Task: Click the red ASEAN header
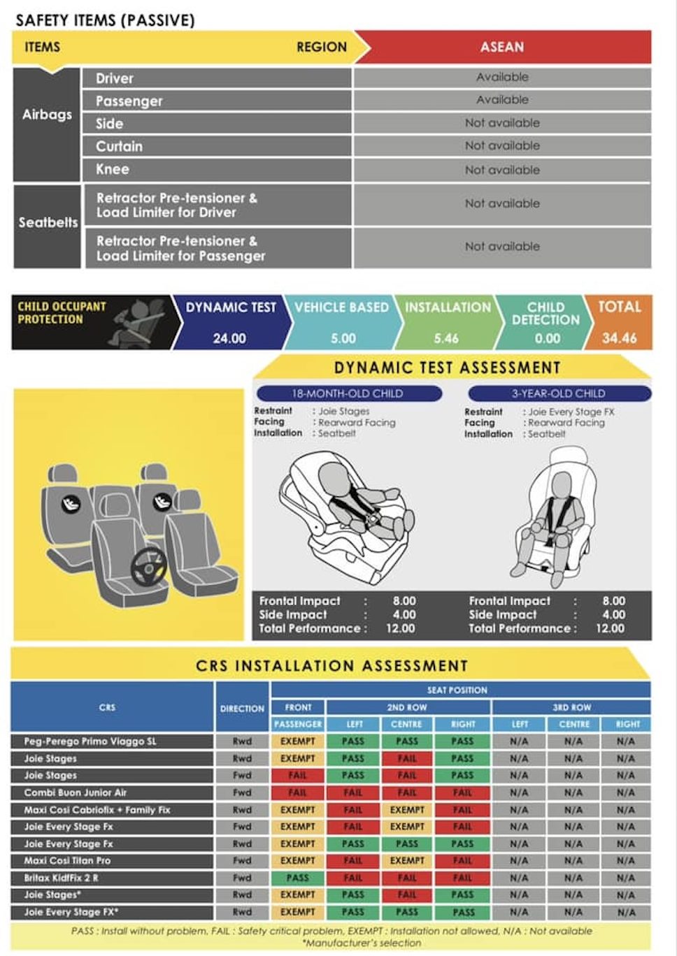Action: (502, 48)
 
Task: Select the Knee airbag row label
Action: (113, 170)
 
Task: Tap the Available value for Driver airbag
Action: (502, 77)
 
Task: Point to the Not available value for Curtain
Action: (502, 146)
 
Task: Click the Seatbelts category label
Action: (48, 222)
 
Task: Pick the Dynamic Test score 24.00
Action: (229, 338)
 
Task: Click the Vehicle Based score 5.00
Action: (343, 338)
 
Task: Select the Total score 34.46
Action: (619, 338)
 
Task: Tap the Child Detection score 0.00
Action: (547, 338)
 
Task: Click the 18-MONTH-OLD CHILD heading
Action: (348, 393)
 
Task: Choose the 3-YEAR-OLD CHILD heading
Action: (558, 393)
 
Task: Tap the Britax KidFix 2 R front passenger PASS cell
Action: (297, 878)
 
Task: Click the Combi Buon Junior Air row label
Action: (76, 792)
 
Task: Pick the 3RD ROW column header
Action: (571, 707)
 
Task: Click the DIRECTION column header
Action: (242, 708)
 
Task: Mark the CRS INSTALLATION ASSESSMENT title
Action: (332, 665)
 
